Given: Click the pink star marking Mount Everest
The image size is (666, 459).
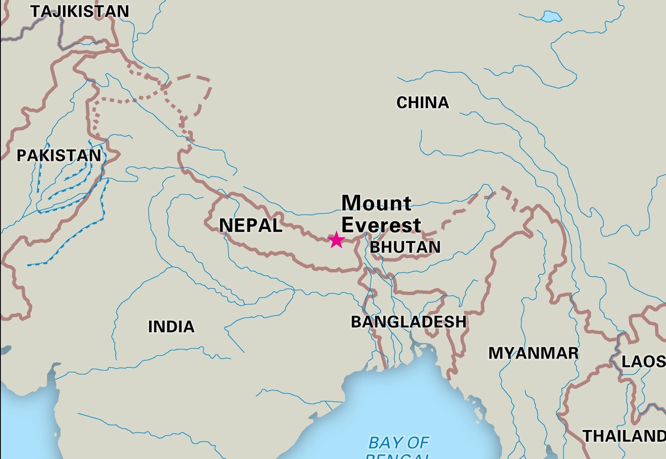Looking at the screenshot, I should pyautogui.click(x=336, y=240).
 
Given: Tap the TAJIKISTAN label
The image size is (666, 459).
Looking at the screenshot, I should pyautogui.click(x=80, y=11).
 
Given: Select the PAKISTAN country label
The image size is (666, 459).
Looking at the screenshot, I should pyautogui.click(x=59, y=156).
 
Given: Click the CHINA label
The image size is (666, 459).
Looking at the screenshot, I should pyautogui.click(x=422, y=103).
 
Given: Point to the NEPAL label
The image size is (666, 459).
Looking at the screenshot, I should pyautogui.click(x=251, y=226).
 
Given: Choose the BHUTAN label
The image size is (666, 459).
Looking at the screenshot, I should pyautogui.click(x=405, y=247).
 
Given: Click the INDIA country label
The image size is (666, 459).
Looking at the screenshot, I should pyautogui.click(x=171, y=327).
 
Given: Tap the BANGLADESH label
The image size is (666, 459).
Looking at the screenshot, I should pyautogui.click(x=409, y=322).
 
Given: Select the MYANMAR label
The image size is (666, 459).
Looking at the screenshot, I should pyautogui.click(x=533, y=353).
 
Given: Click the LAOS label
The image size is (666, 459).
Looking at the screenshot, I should pyautogui.click(x=643, y=361).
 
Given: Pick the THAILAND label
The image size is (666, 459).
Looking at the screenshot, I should pyautogui.click(x=624, y=436).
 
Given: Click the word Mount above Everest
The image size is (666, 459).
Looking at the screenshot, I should pyautogui.click(x=376, y=203).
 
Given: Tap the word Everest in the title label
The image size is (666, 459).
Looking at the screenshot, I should pyautogui.click(x=381, y=225).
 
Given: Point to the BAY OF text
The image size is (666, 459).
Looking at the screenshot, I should pyautogui.click(x=398, y=443).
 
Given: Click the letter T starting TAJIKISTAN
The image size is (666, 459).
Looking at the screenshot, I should pyautogui.click(x=35, y=11).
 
